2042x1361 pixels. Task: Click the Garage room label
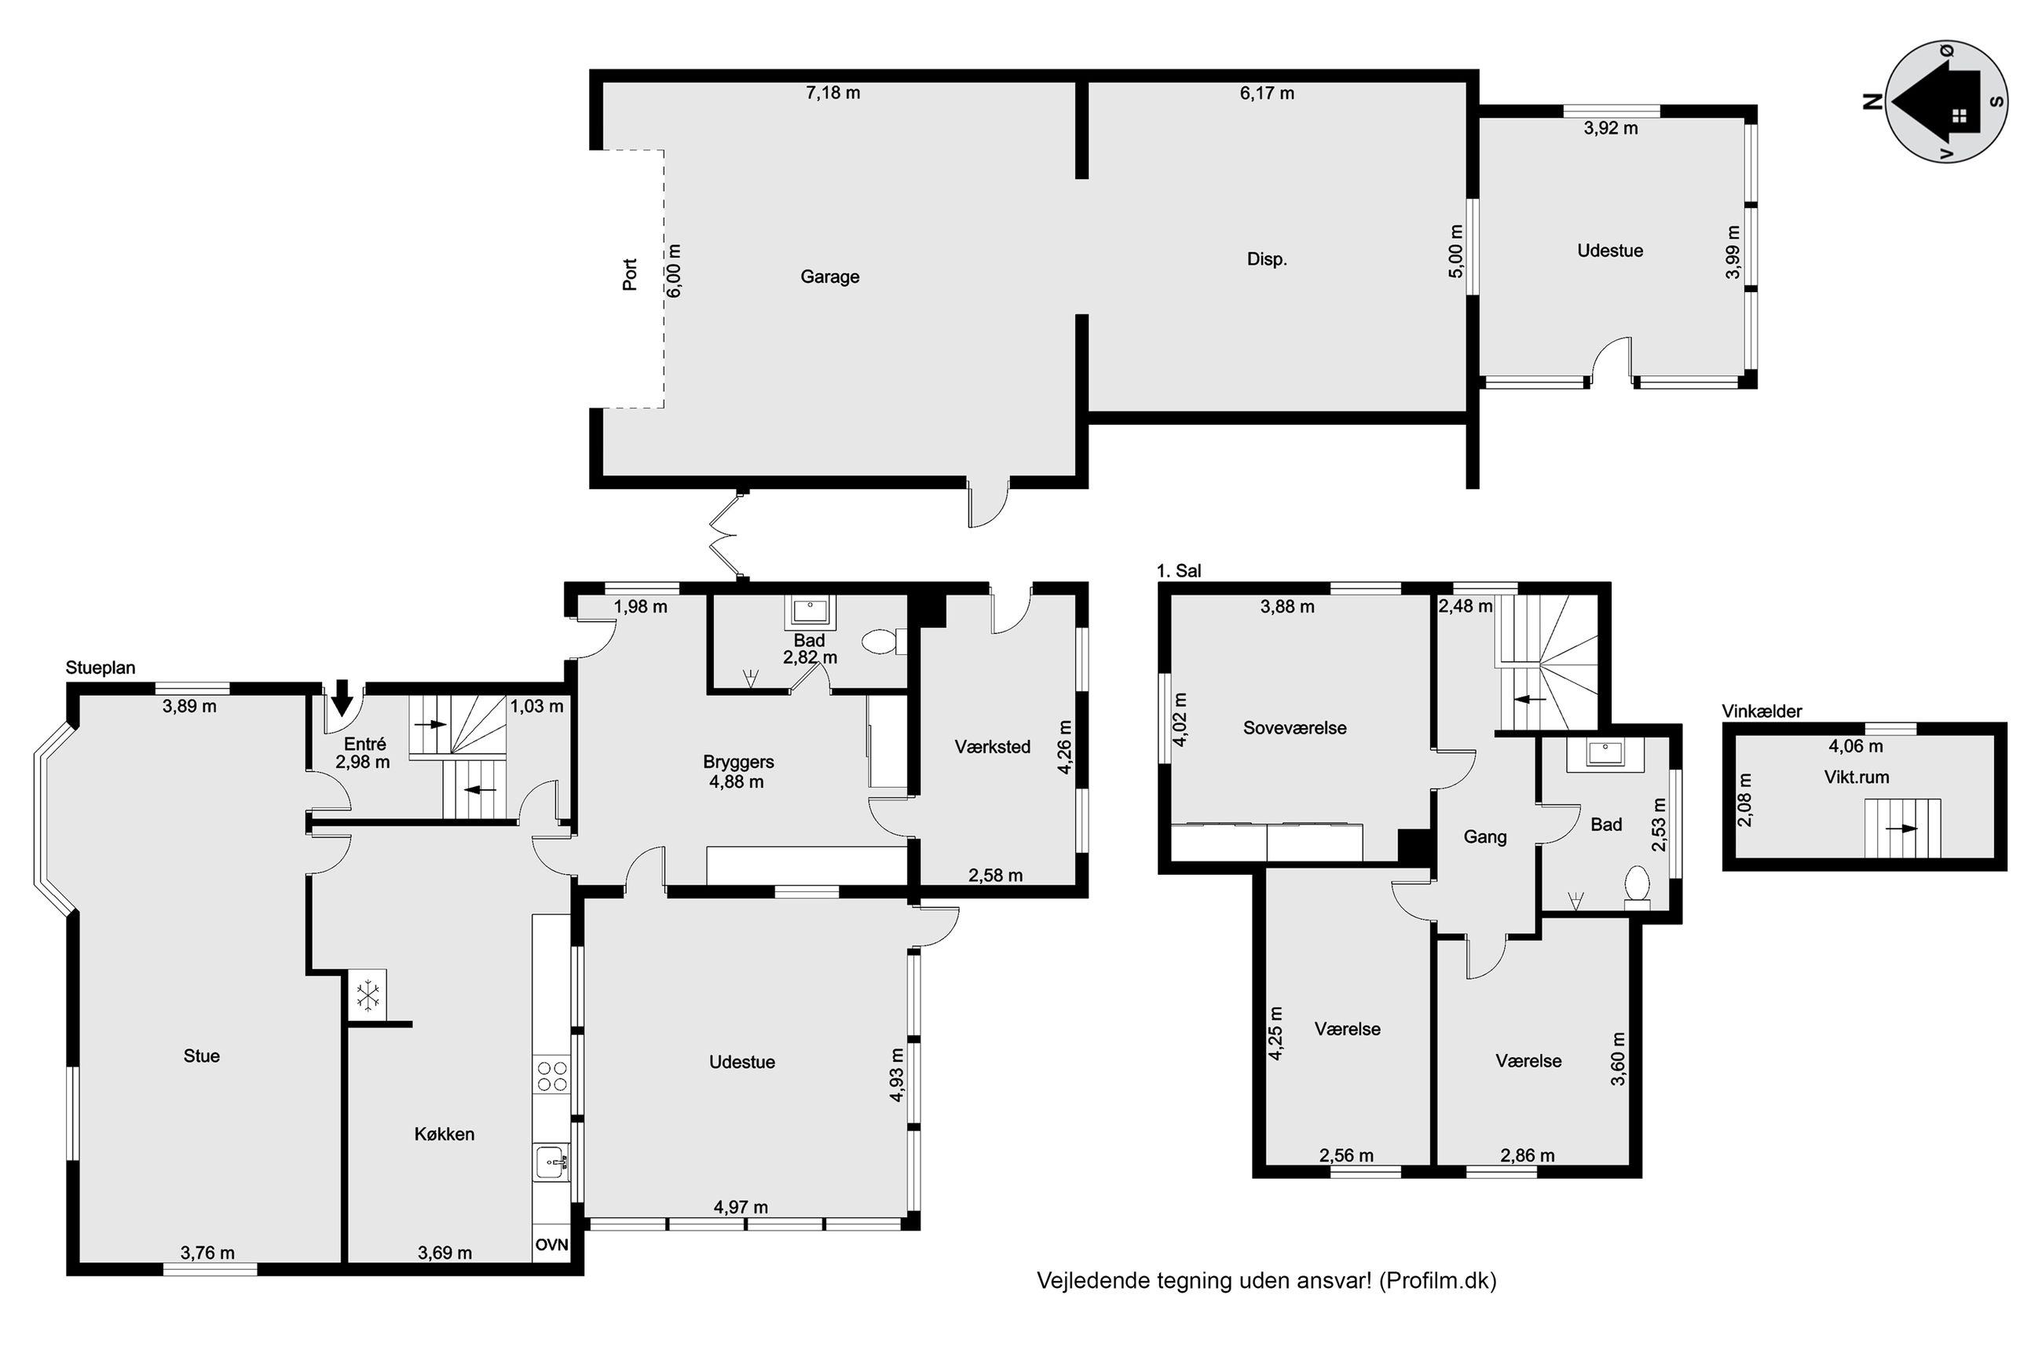[829, 277]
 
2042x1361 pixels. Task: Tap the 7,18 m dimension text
[833, 93]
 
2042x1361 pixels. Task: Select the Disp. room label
[1267, 258]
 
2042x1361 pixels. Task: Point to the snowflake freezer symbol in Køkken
[369, 993]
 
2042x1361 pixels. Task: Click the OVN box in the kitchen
[551, 1245]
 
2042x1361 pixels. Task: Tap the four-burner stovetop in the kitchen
[551, 1076]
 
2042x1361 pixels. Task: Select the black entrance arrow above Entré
[342, 696]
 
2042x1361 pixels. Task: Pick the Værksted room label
[993, 746]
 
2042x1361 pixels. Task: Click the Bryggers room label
[738, 762]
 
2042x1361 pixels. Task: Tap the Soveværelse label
[1295, 728]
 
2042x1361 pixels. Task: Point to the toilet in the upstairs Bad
[1638, 886]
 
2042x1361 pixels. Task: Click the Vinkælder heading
[1762, 712]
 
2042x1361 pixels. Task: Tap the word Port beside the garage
[630, 274]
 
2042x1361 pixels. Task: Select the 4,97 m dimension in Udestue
[741, 1207]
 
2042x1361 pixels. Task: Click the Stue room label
[201, 1056]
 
